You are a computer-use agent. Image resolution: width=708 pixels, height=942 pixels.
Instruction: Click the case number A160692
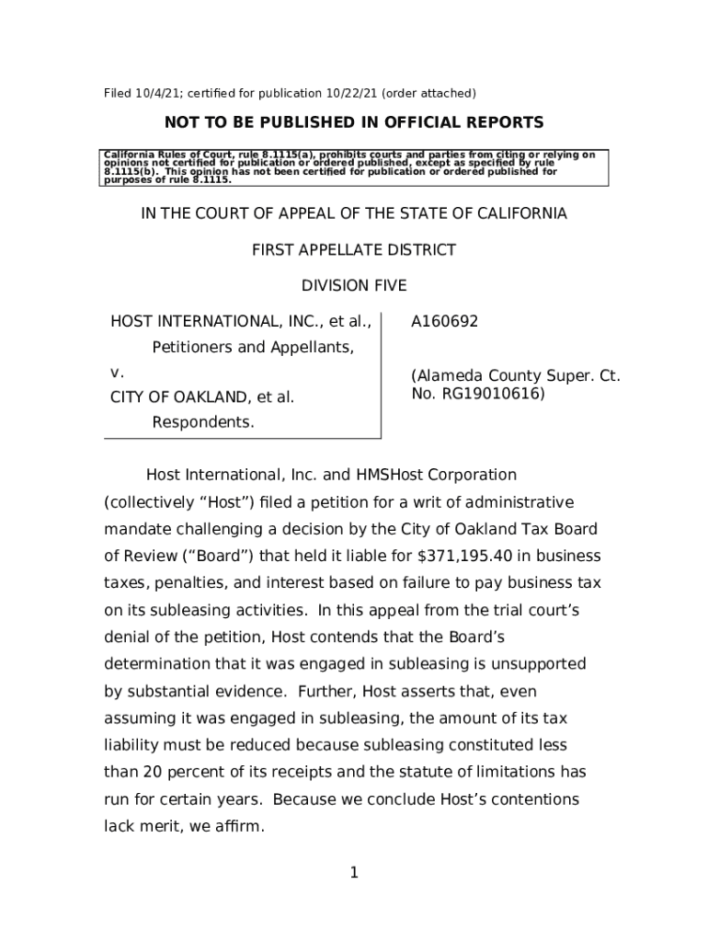pyautogui.click(x=444, y=322)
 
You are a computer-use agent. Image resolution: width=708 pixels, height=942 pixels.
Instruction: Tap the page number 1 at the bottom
pyautogui.click(x=353, y=872)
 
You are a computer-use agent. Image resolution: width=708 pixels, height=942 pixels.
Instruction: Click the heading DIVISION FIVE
pyautogui.click(x=354, y=286)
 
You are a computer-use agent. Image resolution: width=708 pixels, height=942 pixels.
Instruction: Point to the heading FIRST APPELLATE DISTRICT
pyautogui.click(x=354, y=250)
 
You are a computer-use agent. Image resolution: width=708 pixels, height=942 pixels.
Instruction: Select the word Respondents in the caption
pyautogui.click(x=202, y=422)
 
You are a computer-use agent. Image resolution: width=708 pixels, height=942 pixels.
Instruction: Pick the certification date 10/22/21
pyautogui.click(x=347, y=93)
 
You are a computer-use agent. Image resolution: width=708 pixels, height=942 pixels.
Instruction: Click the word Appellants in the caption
pyautogui.click(x=308, y=348)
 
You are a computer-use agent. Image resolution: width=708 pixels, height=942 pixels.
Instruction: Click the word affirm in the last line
pyautogui.click(x=237, y=827)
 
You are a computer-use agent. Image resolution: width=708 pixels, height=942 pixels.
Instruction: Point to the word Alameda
pyautogui.click(x=448, y=376)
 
